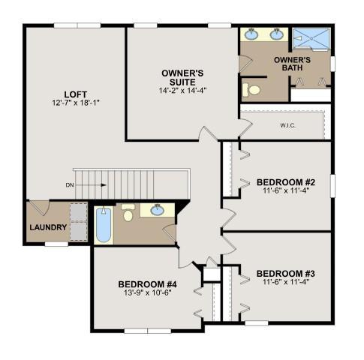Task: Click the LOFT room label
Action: pyautogui.click(x=76, y=94)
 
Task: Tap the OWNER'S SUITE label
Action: pyautogui.click(x=182, y=77)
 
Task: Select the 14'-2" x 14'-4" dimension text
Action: pyautogui.click(x=182, y=90)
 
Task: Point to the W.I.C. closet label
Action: pyautogui.click(x=287, y=125)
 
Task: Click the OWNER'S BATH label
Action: pyautogui.click(x=292, y=64)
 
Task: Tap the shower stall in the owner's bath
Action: pyautogui.click(x=311, y=38)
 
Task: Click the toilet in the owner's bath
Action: pyautogui.click(x=251, y=90)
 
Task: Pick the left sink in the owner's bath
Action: pyautogui.click(x=251, y=34)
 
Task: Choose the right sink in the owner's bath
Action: pyautogui.click(x=277, y=34)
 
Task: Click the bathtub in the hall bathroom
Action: pyautogui.click(x=104, y=224)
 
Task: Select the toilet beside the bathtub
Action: pyautogui.click(x=128, y=212)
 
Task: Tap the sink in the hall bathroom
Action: pyautogui.click(x=158, y=210)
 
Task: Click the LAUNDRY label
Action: pyautogui.click(x=48, y=227)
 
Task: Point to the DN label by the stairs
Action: pyautogui.click(x=70, y=185)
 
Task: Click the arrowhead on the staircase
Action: pyautogui.click(x=104, y=185)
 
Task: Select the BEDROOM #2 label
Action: pyautogui.click(x=286, y=182)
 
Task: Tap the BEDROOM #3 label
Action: pyautogui.click(x=286, y=274)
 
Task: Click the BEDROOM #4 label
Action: pyautogui.click(x=148, y=284)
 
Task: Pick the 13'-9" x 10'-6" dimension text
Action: pyautogui.click(x=148, y=292)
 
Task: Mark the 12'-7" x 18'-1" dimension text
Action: pyautogui.click(x=76, y=103)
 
